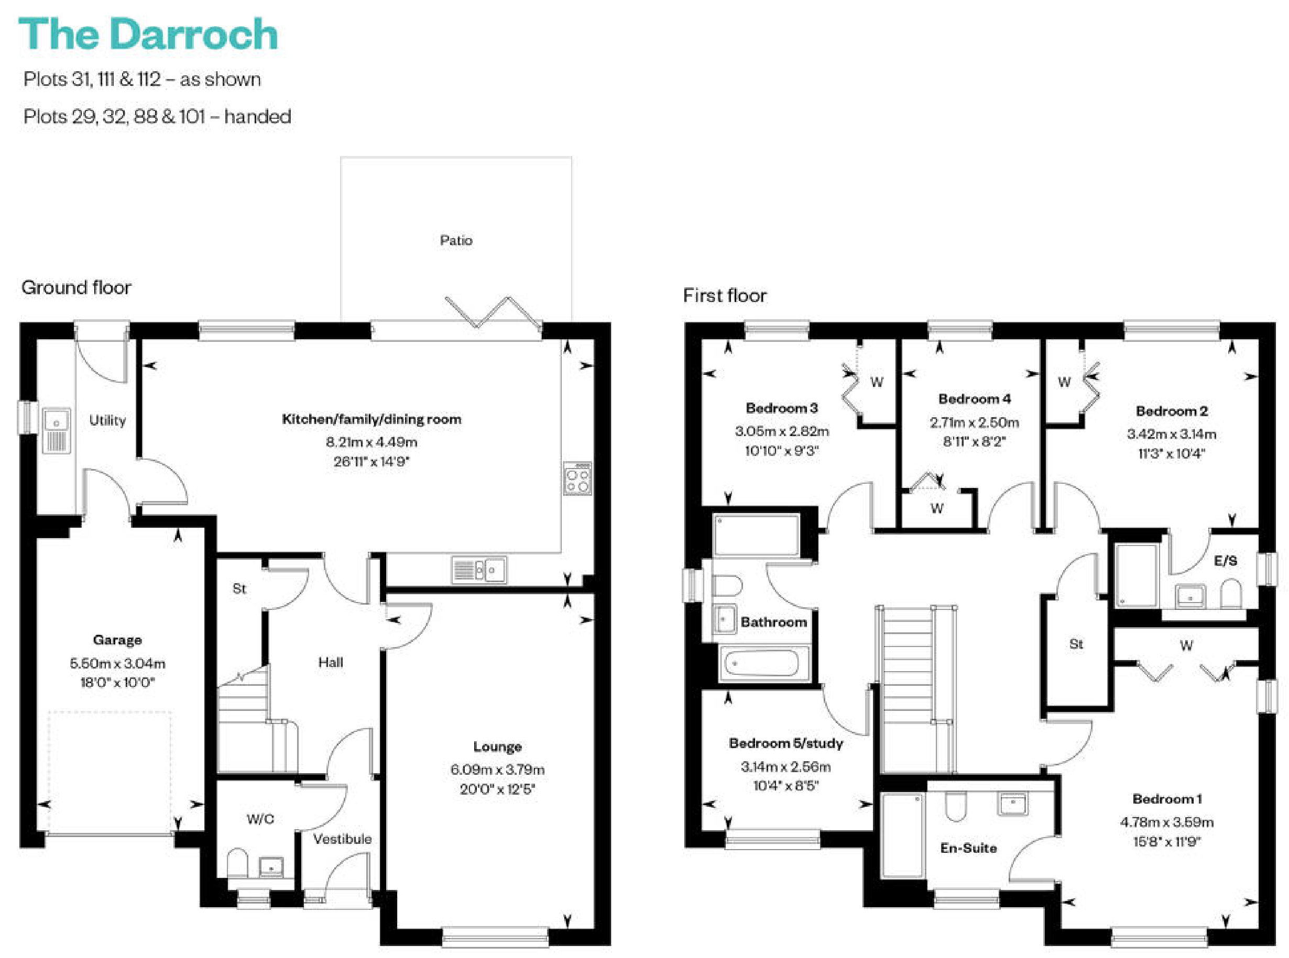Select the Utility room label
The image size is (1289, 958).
(x=107, y=420)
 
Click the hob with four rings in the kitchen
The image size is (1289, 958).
(x=577, y=478)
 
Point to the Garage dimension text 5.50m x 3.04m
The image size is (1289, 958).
(x=117, y=663)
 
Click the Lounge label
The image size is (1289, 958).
(x=497, y=747)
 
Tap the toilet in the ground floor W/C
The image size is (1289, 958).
(x=237, y=863)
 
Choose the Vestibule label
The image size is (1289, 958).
(x=342, y=839)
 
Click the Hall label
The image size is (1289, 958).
(x=330, y=662)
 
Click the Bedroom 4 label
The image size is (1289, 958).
(x=974, y=399)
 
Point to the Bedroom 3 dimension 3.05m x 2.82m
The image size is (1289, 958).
(x=782, y=431)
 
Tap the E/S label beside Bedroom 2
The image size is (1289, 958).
(x=1225, y=561)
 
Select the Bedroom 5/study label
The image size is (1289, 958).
(x=786, y=743)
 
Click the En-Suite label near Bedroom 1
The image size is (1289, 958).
(x=968, y=849)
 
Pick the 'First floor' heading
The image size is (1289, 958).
(x=724, y=296)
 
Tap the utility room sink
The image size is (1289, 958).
(x=56, y=431)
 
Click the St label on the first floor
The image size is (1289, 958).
(x=1076, y=644)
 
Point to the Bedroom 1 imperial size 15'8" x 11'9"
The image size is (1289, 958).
(x=1166, y=841)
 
